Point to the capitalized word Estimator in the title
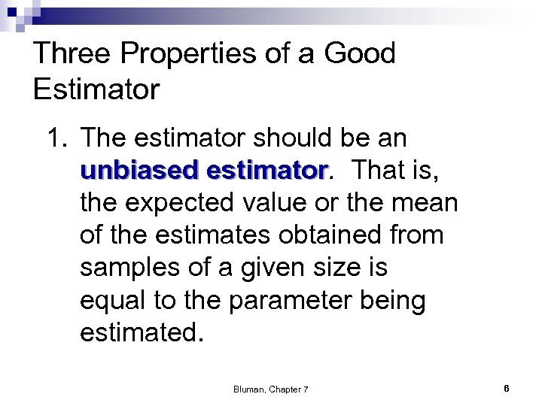96,90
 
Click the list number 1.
57,138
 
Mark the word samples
129,268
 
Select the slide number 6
507,389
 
